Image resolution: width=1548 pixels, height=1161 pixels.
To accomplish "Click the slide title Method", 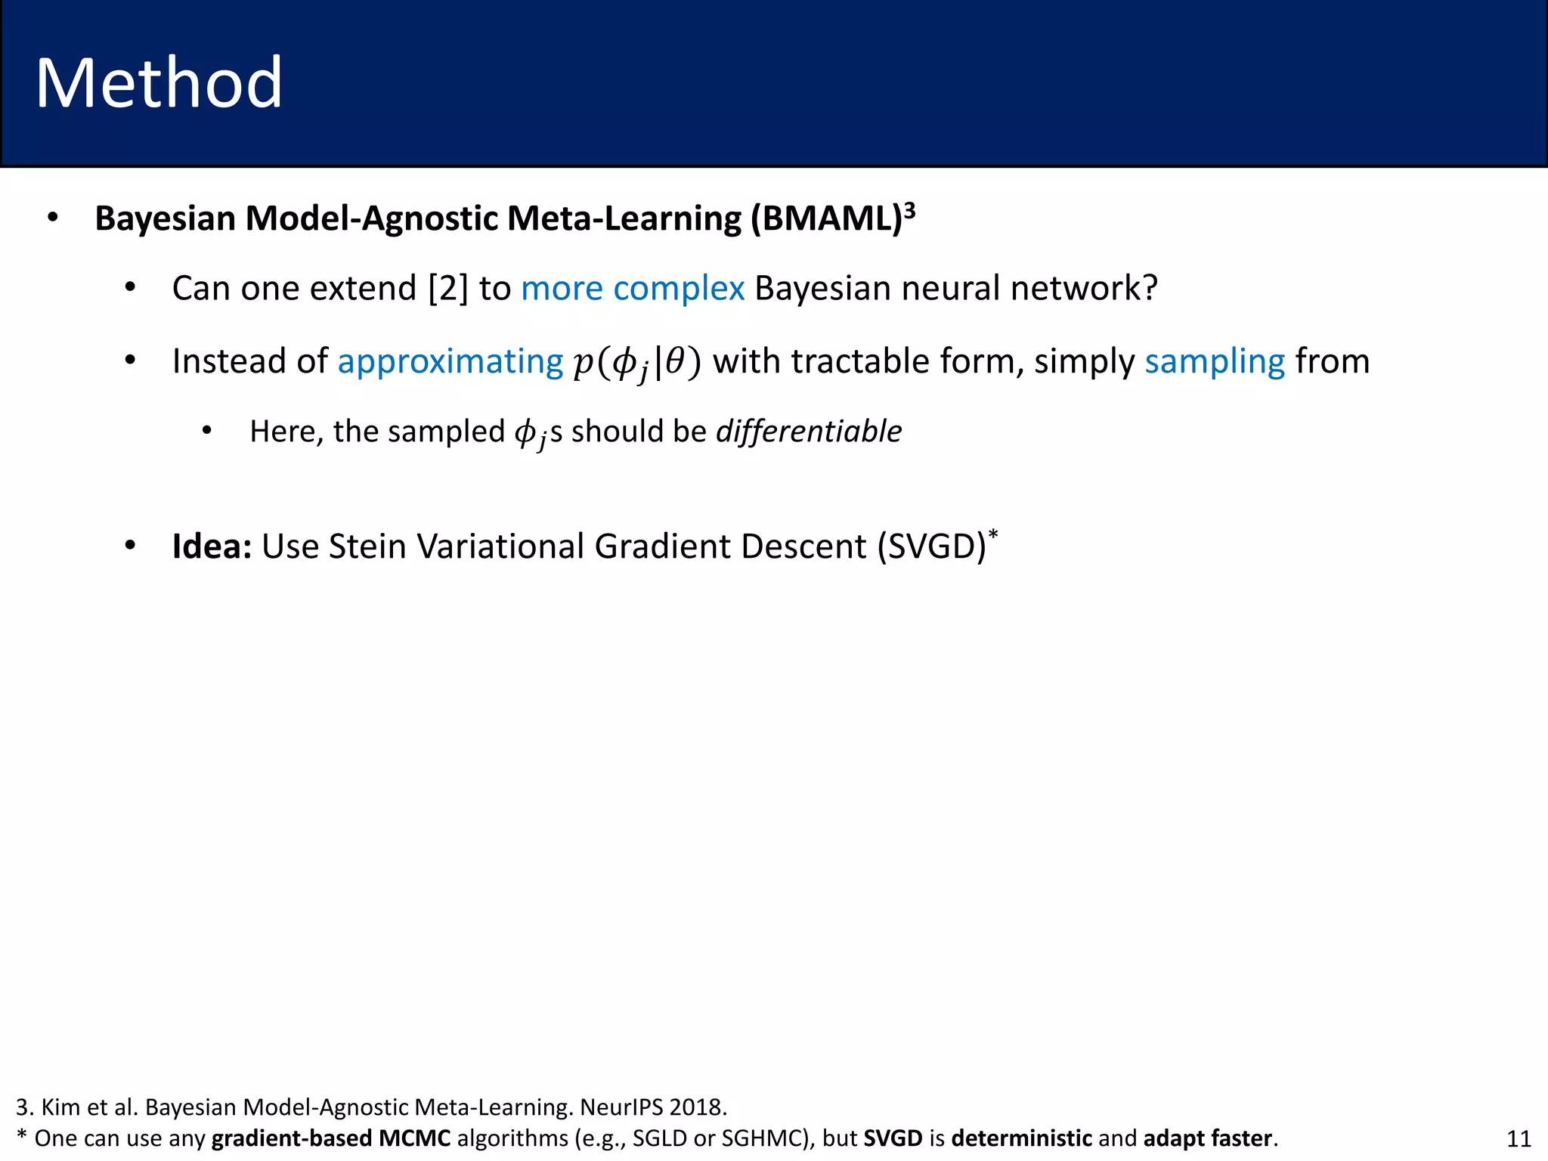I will coord(159,83).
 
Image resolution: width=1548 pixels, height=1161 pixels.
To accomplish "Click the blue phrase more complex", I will coord(633,289).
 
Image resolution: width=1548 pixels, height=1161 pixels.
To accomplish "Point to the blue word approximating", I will coord(450,362).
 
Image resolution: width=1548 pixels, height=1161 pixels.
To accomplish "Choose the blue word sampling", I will coord(1215,362).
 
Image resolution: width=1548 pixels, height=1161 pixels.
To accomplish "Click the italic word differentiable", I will coord(809,432).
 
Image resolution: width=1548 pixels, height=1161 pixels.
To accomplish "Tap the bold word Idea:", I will coord(212,546).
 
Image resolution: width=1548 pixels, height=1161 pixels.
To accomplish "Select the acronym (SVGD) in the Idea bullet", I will coord(932,546).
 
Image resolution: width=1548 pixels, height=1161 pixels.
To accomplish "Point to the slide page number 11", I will coord(1519,1138).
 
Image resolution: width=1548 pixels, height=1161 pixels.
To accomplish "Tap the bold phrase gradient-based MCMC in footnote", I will coord(331,1138).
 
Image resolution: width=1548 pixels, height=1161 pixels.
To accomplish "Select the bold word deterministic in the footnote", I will coord(1021,1138).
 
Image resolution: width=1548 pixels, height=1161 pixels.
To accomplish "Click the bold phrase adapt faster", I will coord(1207,1138).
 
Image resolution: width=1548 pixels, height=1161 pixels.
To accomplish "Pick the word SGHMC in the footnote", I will coord(764,1138).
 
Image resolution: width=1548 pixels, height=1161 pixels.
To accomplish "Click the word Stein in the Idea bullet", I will coord(367,546).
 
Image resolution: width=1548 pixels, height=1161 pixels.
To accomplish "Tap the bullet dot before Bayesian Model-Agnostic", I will coord(52,218).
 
